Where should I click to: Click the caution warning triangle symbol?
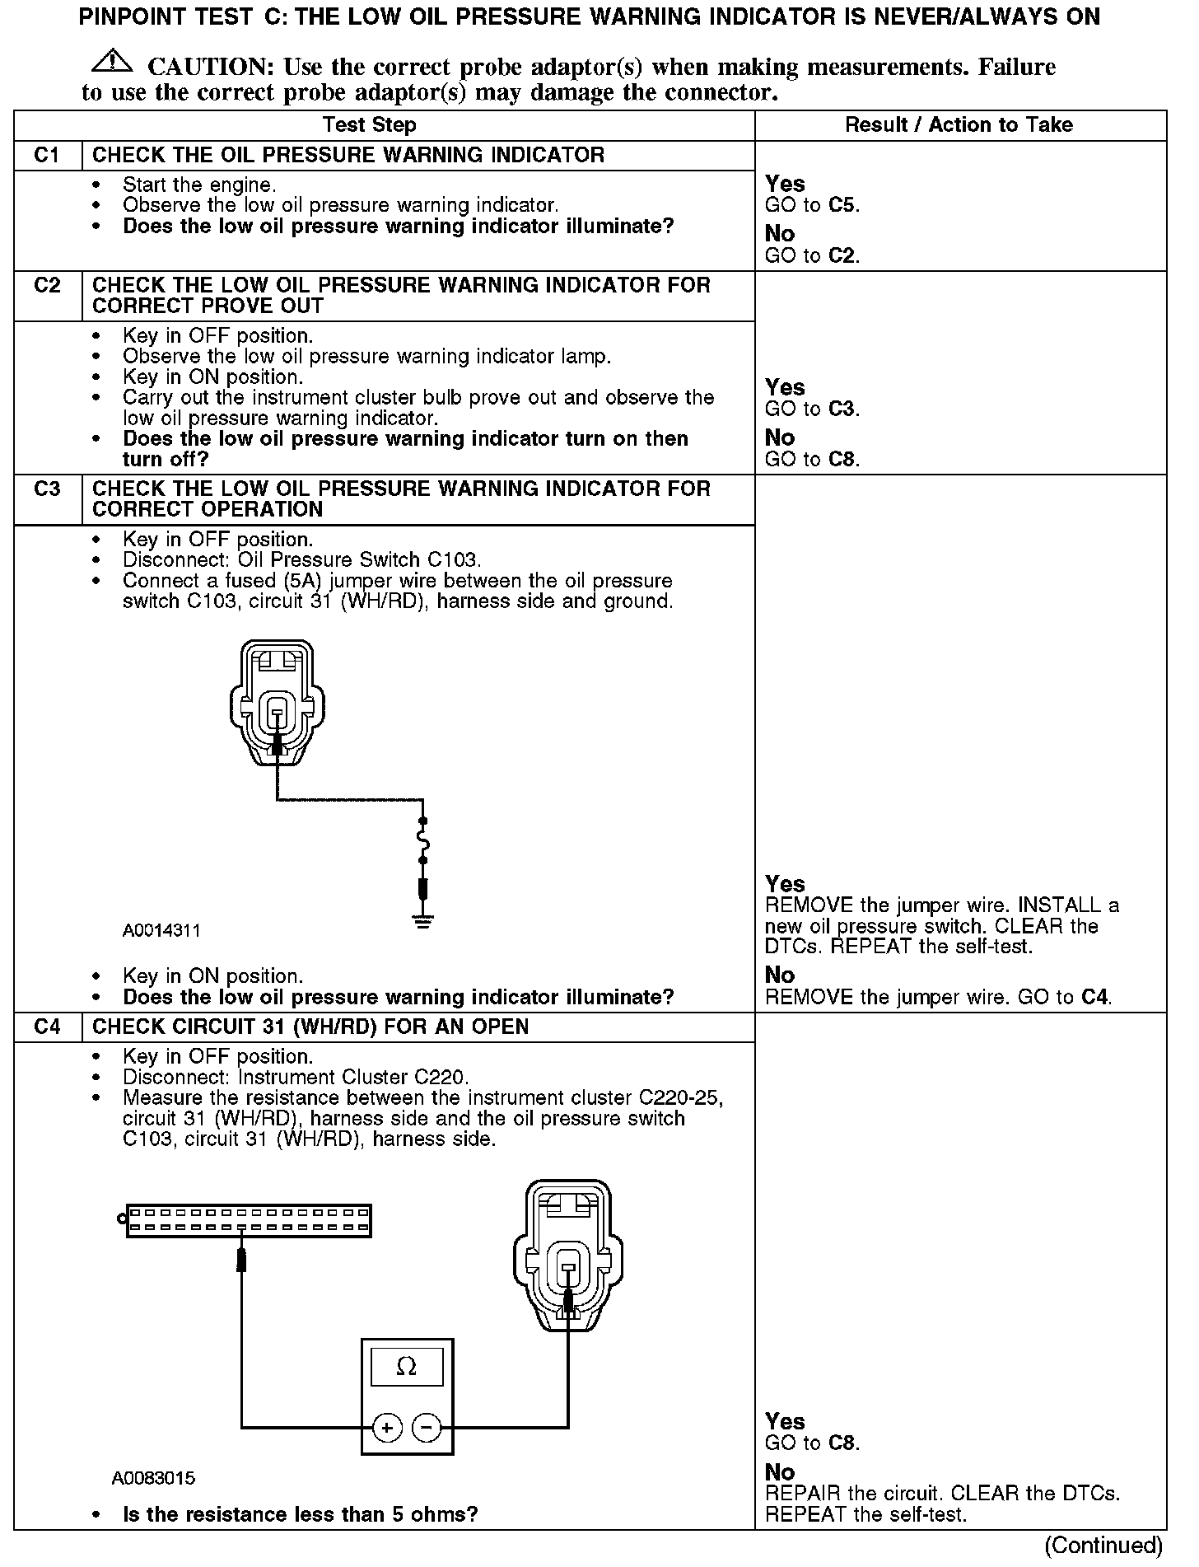click(x=114, y=62)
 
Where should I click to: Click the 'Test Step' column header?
click(x=369, y=125)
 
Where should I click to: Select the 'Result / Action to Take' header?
click(x=959, y=125)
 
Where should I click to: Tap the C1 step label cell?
click(x=48, y=155)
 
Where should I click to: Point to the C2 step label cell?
click(x=48, y=286)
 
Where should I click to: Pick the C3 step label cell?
click(x=48, y=489)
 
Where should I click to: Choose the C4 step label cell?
click(x=48, y=1027)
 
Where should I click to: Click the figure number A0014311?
click(x=161, y=931)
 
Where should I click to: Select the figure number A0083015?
click(x=153, y=1478)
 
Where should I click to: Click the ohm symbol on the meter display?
click(x=407, y=1367)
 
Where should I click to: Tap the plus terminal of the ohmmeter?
click(x=387, y=1428)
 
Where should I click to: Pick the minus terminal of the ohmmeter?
click(x=427, y=1428)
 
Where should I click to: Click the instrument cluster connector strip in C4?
click(x=248, y=1220)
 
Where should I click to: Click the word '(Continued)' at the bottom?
click(x=1103, y=1546)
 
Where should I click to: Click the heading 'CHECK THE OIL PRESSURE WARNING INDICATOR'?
click(x=348, y=155)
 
